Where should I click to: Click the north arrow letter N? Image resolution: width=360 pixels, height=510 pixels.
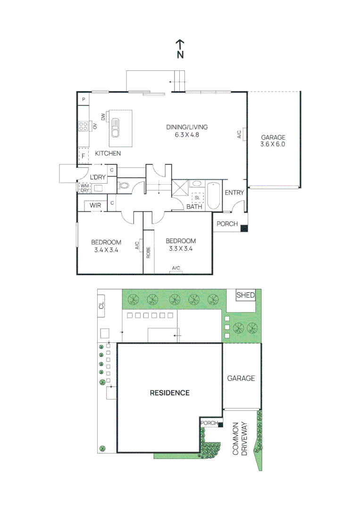tap(180, 54)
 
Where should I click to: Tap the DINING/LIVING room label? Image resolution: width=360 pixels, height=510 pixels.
tap(187, 127)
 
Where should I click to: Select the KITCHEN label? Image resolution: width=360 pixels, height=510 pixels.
tap(108, 153)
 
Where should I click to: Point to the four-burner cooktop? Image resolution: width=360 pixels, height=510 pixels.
tap(83, 126)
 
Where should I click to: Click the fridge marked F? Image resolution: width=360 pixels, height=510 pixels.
tap(84, 155)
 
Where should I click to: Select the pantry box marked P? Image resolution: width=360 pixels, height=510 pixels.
tap(84, 99)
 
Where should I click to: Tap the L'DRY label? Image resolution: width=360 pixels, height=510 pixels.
tap(98, 177)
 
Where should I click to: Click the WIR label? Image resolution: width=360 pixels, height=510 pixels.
tap(96, 206)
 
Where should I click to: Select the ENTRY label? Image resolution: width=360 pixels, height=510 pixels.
tap(234, 193)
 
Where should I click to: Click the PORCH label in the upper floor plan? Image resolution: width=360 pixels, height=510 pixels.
tap(227, 224)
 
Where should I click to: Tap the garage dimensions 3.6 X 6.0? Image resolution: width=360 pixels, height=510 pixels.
tap(273, 144)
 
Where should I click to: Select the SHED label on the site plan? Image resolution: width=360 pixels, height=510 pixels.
tap(245, 296)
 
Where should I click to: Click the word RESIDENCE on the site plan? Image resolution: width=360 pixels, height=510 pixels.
tap(169, 393)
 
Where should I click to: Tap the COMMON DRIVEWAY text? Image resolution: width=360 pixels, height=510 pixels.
tap(240, 439)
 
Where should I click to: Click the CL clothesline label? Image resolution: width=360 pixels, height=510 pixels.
tap(101, 306)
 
